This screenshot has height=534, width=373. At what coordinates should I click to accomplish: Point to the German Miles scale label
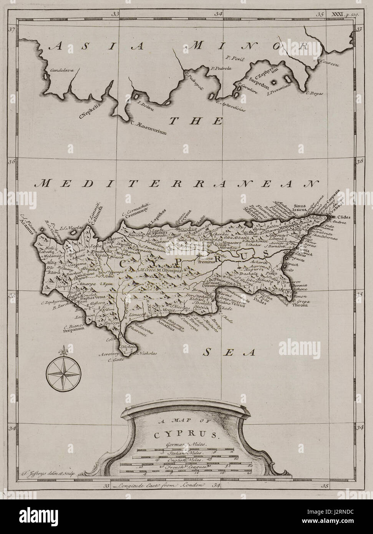[x=186, y=444]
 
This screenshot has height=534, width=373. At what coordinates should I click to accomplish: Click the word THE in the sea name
[x=196, y=121]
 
